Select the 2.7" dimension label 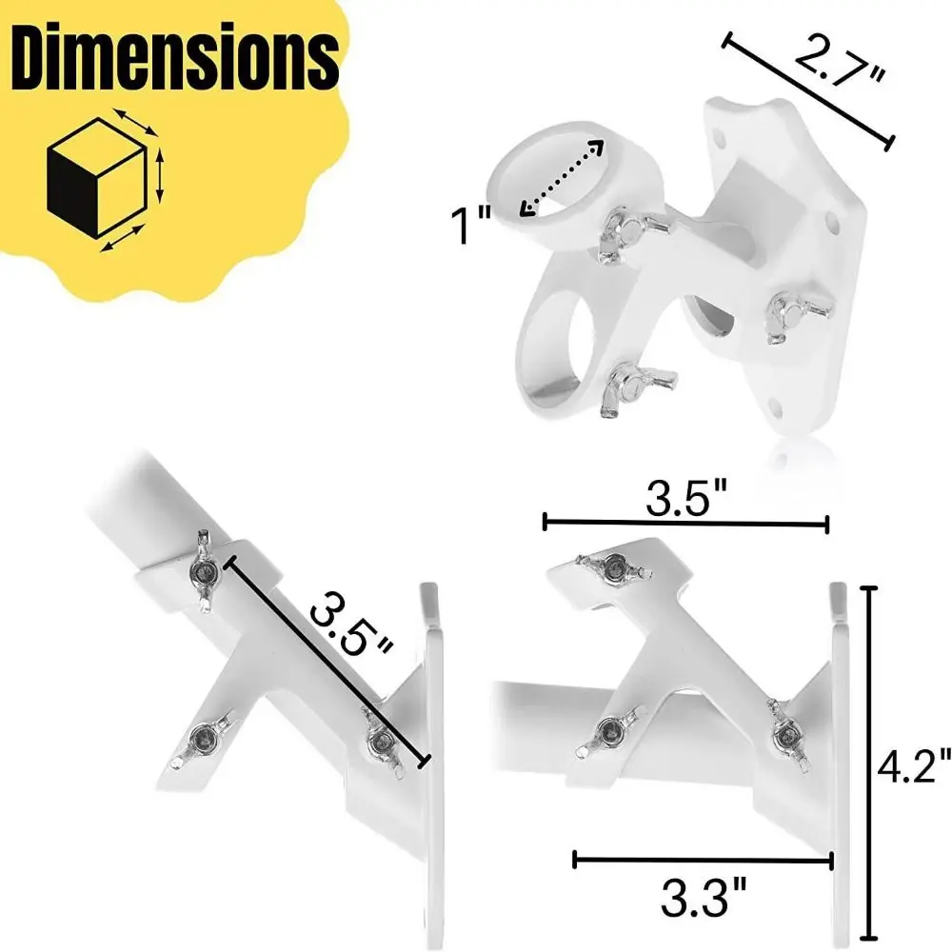[840, 62]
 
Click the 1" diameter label [471, 227]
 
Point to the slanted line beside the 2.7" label [808, 90]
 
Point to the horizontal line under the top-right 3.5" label [685, 522]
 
